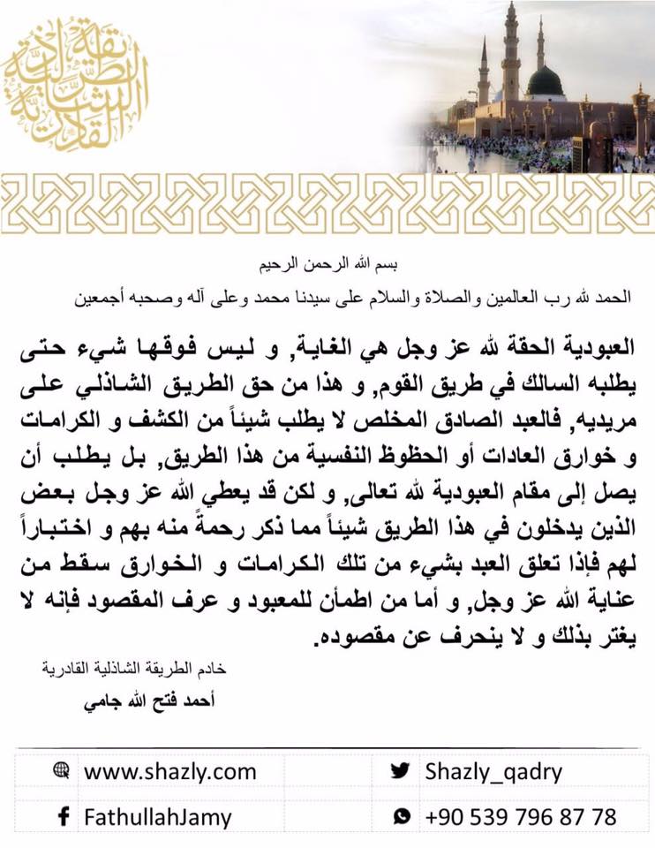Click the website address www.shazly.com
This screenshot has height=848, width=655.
click(x=169, y=771)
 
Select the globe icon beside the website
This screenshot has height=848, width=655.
click(x=61, y=770)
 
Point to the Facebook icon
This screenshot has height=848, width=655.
click(x=62, y=816)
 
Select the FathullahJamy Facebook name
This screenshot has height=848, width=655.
click(x=157, y=816)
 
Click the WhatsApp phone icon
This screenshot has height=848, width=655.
click(x=402, y=816)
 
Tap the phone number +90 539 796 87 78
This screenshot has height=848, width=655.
click(x=520, y=816)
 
